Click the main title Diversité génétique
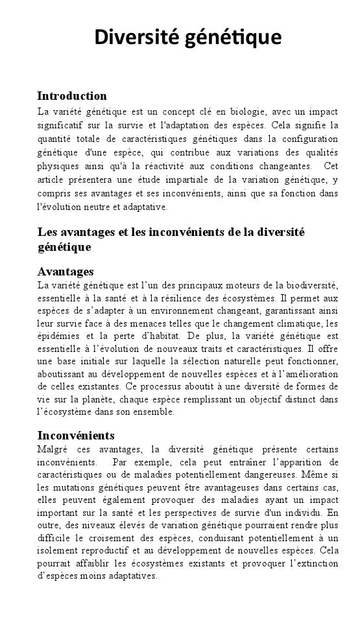pyautogui.click(x=187, y=37)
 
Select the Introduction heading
pyautogui.click(x=71, y=96)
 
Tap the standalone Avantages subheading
pyautogui.click(x=66, y=271)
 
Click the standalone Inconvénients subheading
pyautogui.click(x=76, y=435)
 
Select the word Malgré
pyautogui.click(x=54, y=449)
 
